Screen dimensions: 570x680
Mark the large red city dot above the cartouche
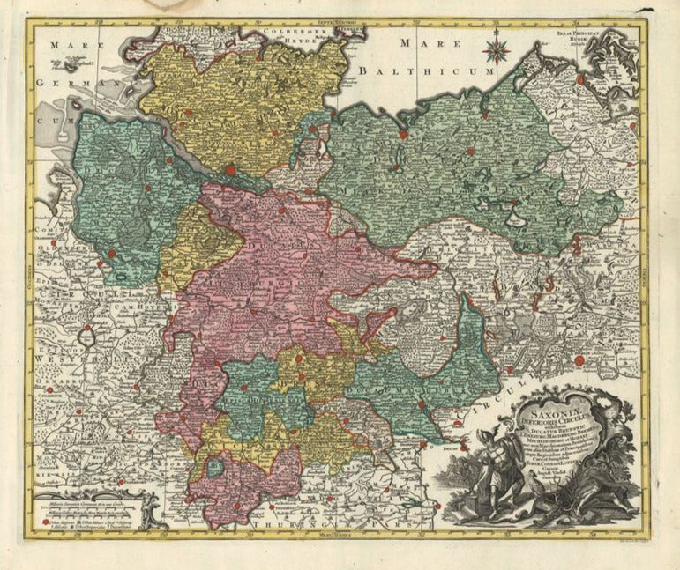tap(579, 360)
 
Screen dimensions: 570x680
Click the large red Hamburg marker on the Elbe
tap(231, 170)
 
